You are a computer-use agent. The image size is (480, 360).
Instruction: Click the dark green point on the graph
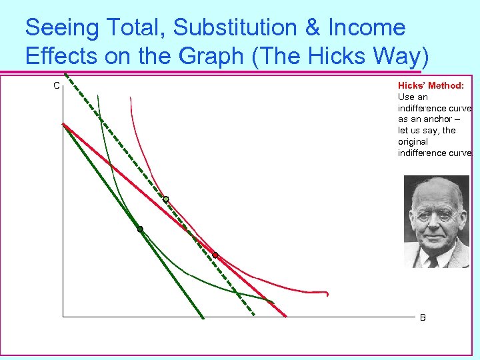pos(140,229)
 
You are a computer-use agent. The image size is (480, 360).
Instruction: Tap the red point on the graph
pos(215,255)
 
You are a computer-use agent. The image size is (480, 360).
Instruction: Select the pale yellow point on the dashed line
pos(166,199)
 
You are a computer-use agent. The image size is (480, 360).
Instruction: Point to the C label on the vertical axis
pos(57,85)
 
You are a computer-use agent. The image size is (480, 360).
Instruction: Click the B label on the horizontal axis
pos(423,318)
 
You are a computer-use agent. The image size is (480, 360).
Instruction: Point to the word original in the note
pos(413,142)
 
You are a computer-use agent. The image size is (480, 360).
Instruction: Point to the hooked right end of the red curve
pos(327,293)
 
